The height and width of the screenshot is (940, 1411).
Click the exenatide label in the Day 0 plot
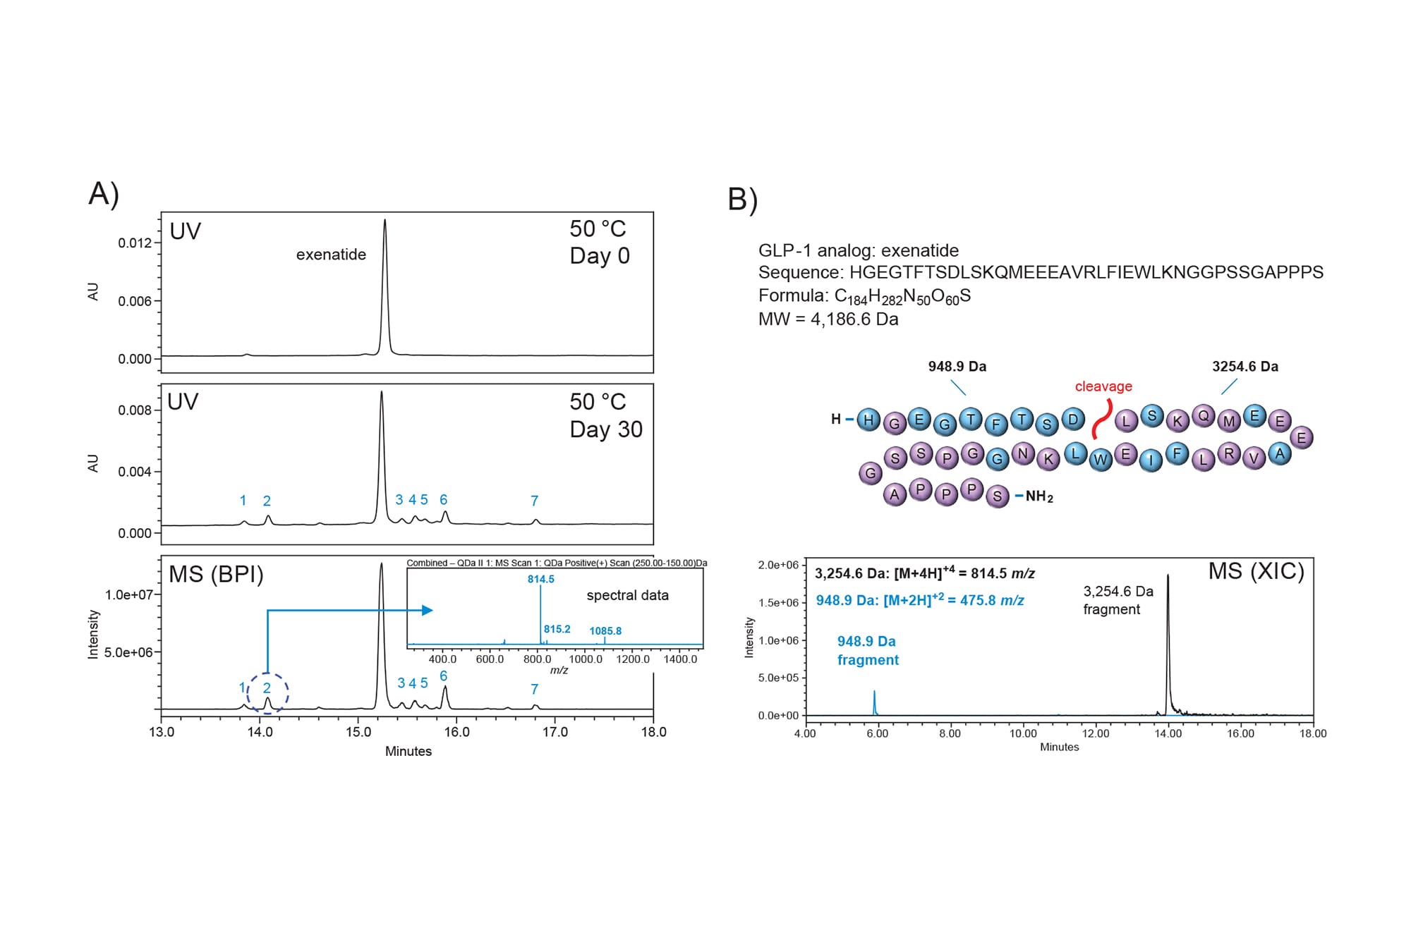tap(331, 255)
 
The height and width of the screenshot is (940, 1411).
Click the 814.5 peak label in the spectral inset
tap(541, 579)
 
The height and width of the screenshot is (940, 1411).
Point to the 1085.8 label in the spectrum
tap(605, 631)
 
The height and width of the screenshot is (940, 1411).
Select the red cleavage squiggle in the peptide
tap(1101, 420)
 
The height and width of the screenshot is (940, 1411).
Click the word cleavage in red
tap(1103, 386)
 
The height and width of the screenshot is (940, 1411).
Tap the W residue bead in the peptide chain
tap(1101, 460)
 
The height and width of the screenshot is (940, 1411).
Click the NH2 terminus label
tap(1039, 496)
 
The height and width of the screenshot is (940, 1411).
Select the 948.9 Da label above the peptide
tap(957, 367)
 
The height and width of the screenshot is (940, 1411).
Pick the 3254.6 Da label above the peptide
tap(1245, 367)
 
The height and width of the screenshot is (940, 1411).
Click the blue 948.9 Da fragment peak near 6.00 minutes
tap(874, 702)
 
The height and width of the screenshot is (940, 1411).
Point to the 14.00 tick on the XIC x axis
tap(1168, 733)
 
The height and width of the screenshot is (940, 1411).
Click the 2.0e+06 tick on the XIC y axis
tap(779, 565)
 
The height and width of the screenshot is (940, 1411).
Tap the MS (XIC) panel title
tap(1256, 571)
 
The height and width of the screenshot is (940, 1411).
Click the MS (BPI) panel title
tap(216, 575)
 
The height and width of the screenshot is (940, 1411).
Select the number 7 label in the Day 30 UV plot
tap(535, 501)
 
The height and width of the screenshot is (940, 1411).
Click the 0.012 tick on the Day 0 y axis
tap(135, 243)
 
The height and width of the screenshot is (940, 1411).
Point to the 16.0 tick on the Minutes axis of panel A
tap(456, 732)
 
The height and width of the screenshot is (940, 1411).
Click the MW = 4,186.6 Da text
tap(828, 319)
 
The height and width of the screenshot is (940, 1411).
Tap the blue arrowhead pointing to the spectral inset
tap(428, 610)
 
